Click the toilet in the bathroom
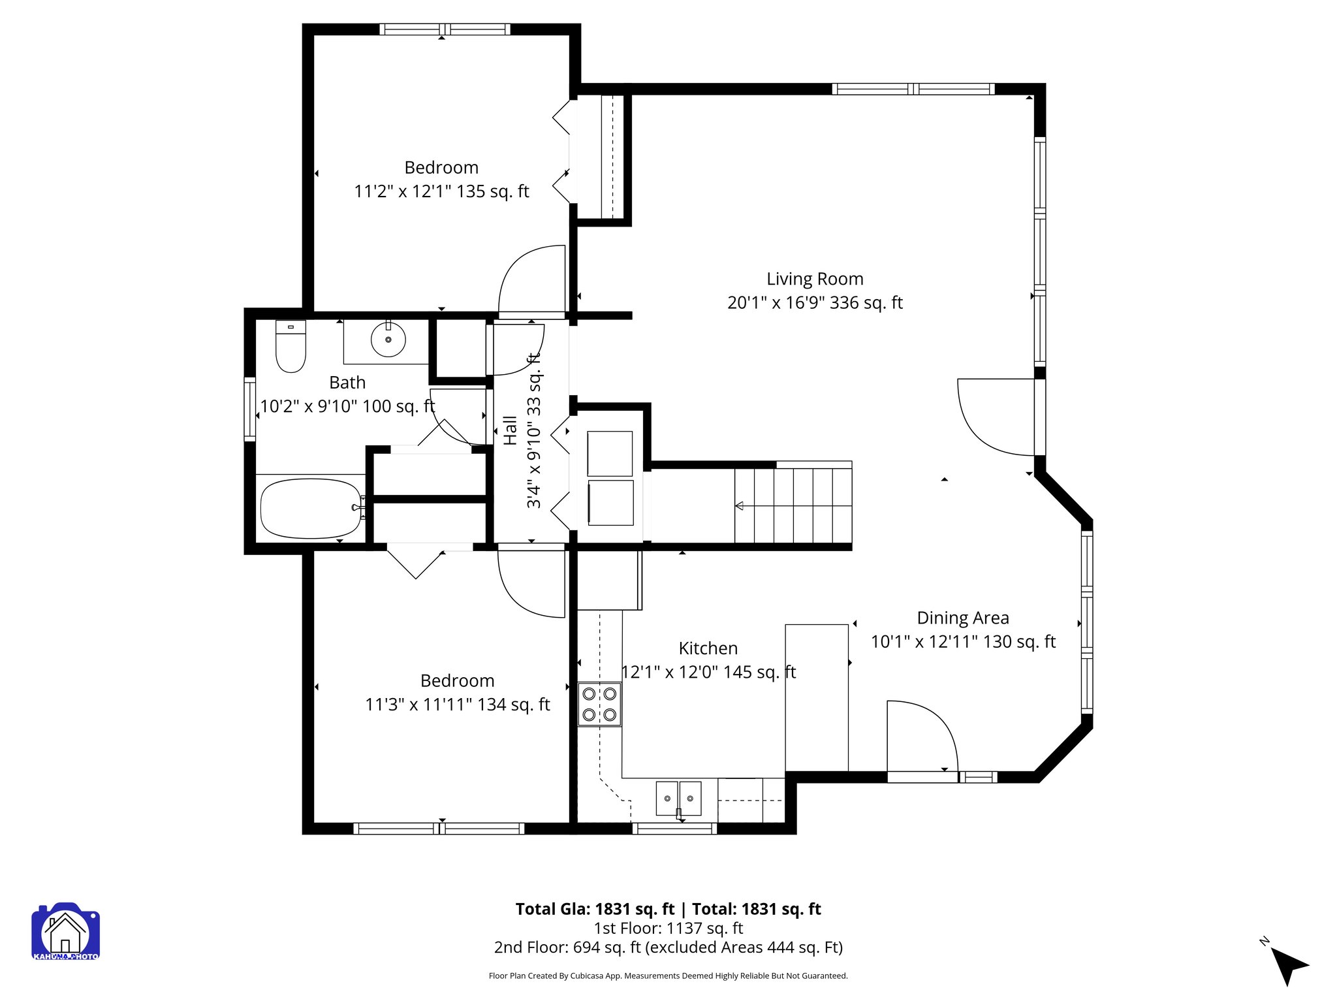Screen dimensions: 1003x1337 pos(291,348)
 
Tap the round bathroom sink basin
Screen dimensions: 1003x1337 pos(388,340)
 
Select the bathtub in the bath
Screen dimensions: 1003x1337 pos(311,509)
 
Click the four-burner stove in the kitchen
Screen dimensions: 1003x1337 pos(599,705)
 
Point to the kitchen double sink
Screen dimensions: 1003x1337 pos(678,798)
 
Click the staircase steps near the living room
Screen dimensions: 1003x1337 pos(793,505)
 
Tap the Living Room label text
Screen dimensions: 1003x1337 pos(815,279)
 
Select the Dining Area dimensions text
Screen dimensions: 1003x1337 pos(963,642)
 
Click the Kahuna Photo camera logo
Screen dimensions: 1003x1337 pos(65,932)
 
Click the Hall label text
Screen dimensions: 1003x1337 pos(511,430)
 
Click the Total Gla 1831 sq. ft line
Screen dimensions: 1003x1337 pos(668,909)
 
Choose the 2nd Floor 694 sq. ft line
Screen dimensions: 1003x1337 pos(668,947)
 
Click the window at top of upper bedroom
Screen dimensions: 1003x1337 pos(445,29)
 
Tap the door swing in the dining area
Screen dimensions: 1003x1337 pos(920,737)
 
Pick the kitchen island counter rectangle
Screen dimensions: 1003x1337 pos(816,697)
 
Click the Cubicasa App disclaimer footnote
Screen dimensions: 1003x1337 pos(668,976)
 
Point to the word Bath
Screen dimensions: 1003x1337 pos(347,383)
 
